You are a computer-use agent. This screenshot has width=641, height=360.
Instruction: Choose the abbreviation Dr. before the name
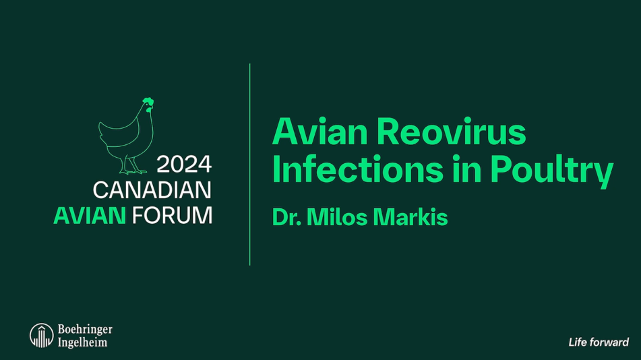(286, 218)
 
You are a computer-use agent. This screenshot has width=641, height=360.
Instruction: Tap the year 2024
(184, 164)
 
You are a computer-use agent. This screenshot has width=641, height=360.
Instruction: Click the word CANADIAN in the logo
(152, 189)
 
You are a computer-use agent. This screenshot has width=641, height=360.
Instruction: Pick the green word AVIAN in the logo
(90, 215)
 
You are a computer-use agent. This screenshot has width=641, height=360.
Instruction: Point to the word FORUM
(172, 215)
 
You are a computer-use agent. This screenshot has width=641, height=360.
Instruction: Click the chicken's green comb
(148, 102)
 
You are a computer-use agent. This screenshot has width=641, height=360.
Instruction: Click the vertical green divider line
(250, 164)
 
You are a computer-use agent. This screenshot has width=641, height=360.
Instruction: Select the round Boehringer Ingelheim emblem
(41, 335)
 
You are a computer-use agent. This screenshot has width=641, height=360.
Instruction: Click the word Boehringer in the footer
(85, 330)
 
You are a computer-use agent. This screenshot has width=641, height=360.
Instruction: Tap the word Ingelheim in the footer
(82, 342)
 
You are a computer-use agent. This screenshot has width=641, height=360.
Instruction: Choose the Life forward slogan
(598, 342)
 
